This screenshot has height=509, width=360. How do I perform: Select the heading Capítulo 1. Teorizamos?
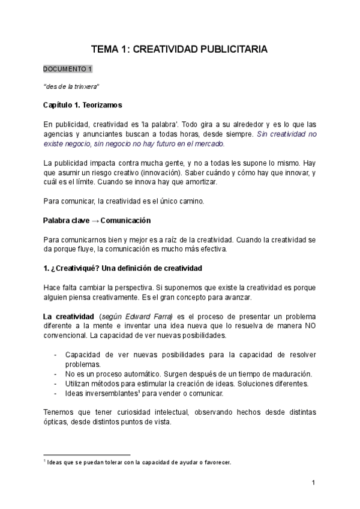83,106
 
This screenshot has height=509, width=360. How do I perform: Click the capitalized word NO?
309,326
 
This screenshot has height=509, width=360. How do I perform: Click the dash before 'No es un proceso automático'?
56,374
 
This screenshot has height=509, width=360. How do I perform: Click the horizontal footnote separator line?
87,455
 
